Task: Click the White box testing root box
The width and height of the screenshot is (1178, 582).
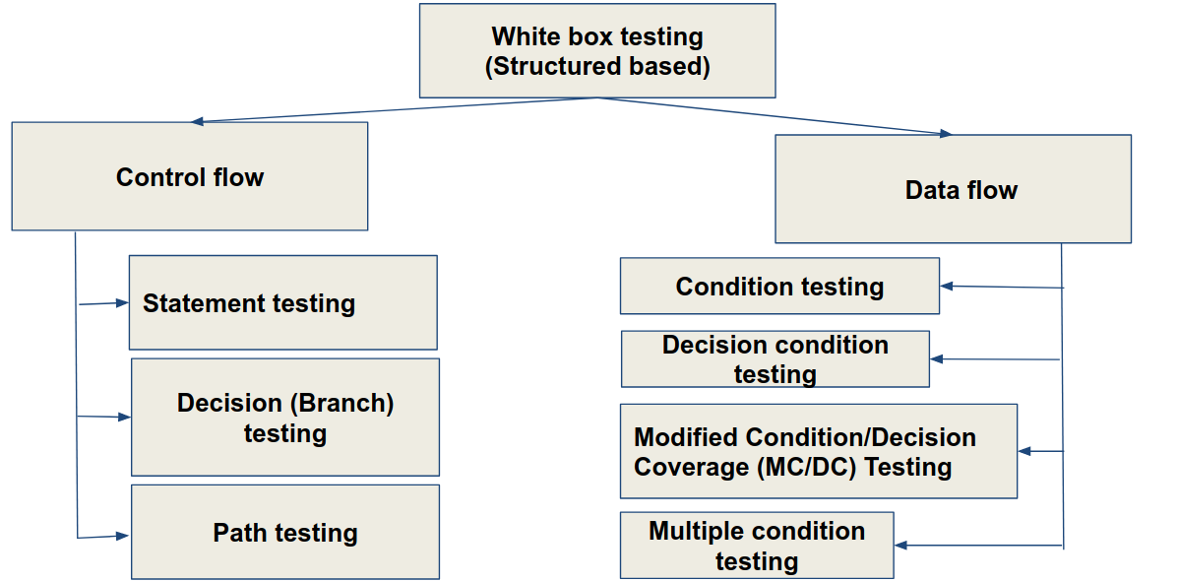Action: click(597, 51)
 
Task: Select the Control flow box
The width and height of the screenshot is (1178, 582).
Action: click(190, 177)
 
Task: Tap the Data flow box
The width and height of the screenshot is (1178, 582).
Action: click(953, 190)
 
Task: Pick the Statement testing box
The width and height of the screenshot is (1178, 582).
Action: click(282, 303)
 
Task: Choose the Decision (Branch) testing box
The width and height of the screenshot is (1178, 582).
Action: click(284, 418)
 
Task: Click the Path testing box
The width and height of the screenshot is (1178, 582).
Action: click(284, 533)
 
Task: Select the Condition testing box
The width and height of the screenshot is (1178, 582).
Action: click(779, 287)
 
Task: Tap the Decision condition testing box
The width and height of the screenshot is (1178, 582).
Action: click(775, 359)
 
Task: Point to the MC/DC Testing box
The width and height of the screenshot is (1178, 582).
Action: click(818, 451)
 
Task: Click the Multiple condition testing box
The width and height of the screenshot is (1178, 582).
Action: click(756, 546)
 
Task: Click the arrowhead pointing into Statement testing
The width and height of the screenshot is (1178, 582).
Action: click(124, 302)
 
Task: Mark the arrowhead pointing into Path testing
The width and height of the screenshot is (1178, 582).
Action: click(124, 536)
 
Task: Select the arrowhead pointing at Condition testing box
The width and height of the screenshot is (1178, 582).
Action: click(946, 287)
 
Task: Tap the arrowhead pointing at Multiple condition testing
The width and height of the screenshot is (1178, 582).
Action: click(899, 545)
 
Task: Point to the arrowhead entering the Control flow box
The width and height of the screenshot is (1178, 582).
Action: click(197, 122)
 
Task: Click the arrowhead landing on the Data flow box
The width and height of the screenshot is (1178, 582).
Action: click(946, 134)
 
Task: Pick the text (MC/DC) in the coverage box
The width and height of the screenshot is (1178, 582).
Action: click(807, 466)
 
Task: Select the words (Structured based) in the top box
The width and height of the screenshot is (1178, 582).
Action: click(597, 67)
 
